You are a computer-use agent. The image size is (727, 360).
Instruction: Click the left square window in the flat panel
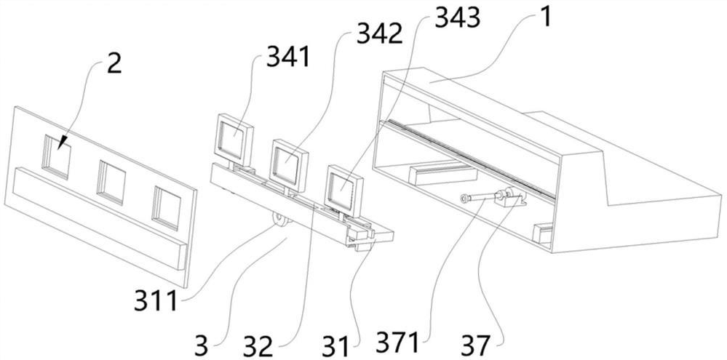coord(56,155)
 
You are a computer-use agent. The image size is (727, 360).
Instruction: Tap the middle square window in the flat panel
coord(111,182)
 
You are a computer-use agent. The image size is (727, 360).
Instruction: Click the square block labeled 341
coord(234,140)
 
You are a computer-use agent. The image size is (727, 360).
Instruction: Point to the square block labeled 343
coord(342,187)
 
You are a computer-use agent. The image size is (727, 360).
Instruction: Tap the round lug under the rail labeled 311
coord(279,220)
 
